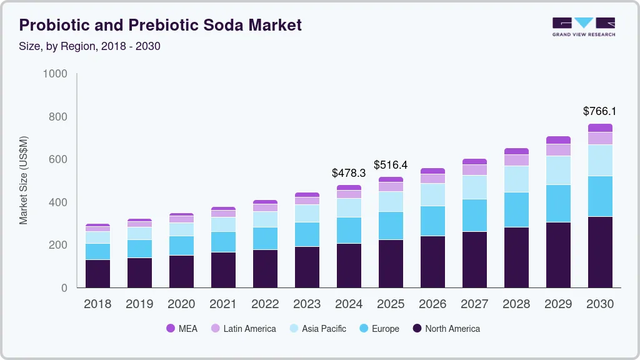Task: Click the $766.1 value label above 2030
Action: click(599, 111)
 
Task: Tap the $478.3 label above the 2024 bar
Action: click(349, 173)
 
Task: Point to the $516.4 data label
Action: click(391, 165)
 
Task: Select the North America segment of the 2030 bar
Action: click(599, 252)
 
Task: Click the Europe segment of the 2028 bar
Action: click(516, 209)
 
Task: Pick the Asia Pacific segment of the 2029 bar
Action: click(558, 170)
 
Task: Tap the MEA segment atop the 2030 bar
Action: click(599, 127)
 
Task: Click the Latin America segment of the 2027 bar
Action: click(474, 170)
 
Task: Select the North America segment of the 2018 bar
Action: click(97, 273)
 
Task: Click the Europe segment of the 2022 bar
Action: click(265, 238)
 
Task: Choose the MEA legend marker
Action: click(171, 329)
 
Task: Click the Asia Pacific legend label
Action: click(324, 329)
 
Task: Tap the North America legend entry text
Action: click(452, 329)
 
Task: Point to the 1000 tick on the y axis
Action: click(55, 74)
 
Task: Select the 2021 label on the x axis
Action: click(223, 304)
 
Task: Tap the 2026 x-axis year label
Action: click(432, 304)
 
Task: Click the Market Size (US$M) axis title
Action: click(23, 180)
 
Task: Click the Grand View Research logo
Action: click(583, 26)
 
